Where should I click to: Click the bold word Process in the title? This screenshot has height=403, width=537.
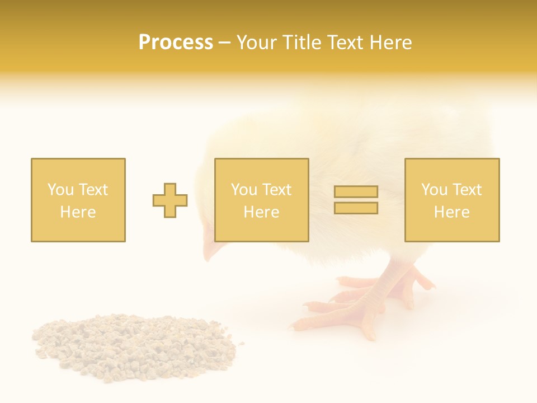176,43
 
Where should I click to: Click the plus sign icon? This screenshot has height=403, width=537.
170,200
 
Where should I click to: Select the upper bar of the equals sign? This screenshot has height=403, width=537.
356,191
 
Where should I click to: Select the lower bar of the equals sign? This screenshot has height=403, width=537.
356,208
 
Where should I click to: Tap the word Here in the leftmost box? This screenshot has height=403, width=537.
78,212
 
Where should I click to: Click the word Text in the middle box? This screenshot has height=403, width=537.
276,190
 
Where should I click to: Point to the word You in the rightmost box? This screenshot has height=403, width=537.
435,190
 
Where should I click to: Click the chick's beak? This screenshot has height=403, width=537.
211,251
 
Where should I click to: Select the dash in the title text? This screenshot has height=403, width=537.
224,43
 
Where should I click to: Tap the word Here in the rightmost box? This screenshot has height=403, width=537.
452,212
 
